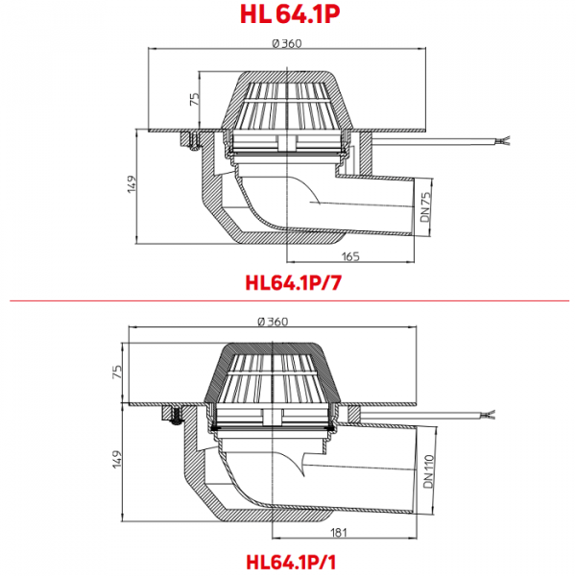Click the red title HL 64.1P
point(290,14)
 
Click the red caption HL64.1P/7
point(293,283)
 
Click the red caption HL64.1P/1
point(291,562)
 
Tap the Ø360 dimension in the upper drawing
point(287,43)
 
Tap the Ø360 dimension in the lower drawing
point(273,322)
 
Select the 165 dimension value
point(350,256)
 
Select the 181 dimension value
point(339,533)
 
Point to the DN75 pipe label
point(425,206)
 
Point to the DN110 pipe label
point(428,471)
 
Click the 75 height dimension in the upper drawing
point(195,99)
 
